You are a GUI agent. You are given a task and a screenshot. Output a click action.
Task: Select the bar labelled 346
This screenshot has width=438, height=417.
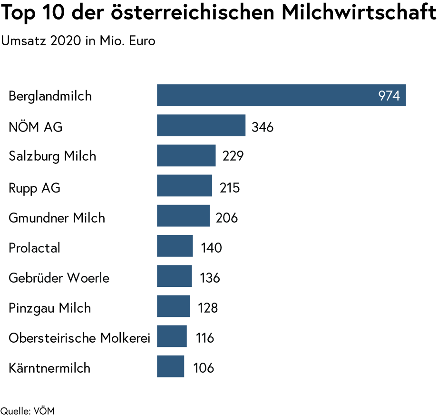click(x=201, y=125)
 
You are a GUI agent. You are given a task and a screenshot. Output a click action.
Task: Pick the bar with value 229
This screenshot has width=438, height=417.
click(x=186, y=156)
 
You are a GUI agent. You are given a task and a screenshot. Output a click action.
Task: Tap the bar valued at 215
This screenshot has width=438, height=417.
click(x=184, y=186)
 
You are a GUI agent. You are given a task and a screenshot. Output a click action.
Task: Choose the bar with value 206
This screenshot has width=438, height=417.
click(x=183, y=216)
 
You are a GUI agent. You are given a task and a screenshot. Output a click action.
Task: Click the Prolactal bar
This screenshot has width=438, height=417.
click(x=175, y=246)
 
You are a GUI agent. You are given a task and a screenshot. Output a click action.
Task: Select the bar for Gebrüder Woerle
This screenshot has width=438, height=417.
click(x=174, y=276)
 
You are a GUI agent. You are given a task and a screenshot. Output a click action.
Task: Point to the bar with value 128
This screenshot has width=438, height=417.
click(x=173, y=306)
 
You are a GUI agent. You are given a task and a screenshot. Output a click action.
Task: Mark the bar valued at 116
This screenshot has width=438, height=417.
click(x=172, y=336)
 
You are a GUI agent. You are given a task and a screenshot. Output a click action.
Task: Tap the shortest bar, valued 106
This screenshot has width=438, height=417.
click(x=170, y=366)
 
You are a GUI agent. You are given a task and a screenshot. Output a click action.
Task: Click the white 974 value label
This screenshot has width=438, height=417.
click(x=389, y=96)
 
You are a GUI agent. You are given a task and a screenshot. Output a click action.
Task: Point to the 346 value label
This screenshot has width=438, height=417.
click(x=263, y=127)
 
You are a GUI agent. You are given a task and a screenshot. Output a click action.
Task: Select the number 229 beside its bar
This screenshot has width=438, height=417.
click(x=233, y=156)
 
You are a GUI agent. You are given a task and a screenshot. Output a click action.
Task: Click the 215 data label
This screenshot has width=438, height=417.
click(x=230, y=188)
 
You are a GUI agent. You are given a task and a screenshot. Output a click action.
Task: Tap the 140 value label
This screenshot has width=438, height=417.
click(x=211, y=248)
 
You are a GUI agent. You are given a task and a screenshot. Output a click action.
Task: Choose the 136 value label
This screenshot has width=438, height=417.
click(x=210, y=278)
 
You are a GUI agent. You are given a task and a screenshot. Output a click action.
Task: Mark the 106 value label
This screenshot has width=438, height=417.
click(x=204, y=368)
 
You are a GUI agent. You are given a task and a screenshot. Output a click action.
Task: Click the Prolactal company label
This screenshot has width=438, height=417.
click(x=34, y=248)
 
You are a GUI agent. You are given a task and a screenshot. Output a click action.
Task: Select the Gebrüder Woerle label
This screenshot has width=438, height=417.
click(x=59, y=278)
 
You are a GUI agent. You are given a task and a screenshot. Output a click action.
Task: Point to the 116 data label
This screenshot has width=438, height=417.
click(x=205, y=338)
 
